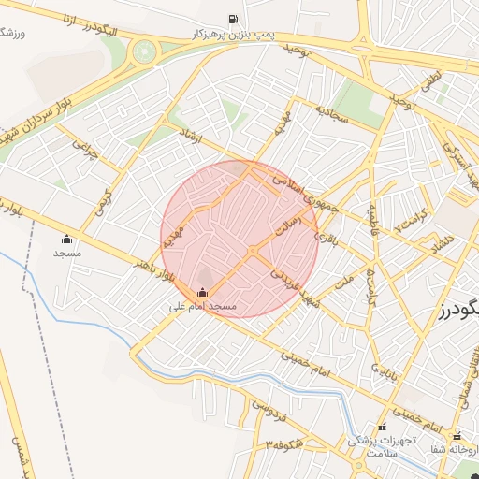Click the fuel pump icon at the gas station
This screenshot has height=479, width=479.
click(x=232, y=19)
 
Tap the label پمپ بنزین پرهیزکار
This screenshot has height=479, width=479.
click(x=231, y=34)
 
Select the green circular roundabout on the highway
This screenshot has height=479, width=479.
click(x=144, y=51)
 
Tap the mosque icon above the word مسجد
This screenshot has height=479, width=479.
click(x=66, y=238)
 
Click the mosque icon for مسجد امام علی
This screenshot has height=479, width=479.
click(x=203, y=291)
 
